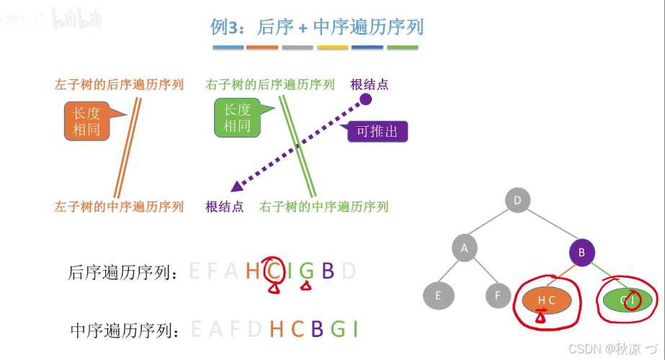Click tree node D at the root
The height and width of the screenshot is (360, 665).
pyautogui.click(x=517, y=200)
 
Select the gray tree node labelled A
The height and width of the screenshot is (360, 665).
pyautogui.click(x=465, y=248)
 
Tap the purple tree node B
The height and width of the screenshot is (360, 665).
pyautogui.click(x=581, y=253)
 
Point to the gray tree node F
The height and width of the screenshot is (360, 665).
pyautogui.click(x=497, y=295)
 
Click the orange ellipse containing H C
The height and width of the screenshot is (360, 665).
pyautogui.click(x=547, y=300)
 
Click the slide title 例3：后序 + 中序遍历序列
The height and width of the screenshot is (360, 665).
pyautogui.click(x=316, y=27)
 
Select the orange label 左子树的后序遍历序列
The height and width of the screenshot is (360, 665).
pyautogui.click(x=119, y=84)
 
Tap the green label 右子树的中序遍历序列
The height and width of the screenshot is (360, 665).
pyautogui.click(x=324, y=207)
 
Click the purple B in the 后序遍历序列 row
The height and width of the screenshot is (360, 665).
pyautogui.click(x=328, y=271)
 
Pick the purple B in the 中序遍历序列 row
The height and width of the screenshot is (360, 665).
pyautogui.click(x=316, y=328)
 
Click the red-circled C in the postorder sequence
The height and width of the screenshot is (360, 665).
pyautogui.click(x=274, y=271)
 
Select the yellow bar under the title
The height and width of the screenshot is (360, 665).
pyautogui.click(x=332, y=48)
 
